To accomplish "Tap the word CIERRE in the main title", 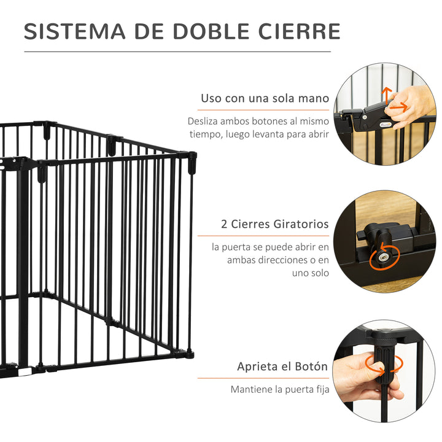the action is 299,31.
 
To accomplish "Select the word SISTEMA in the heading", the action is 75,31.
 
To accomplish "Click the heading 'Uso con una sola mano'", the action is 265,98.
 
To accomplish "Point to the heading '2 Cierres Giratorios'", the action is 275,224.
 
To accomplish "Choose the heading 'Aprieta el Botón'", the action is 283,366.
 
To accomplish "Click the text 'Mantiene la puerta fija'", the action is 280,389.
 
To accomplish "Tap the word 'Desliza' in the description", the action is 203,121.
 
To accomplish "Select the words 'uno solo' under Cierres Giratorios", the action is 311,273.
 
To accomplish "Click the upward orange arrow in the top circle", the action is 387,95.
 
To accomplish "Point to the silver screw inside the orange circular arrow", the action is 382,257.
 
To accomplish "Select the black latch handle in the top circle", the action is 370,118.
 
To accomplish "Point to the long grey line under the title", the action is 177,52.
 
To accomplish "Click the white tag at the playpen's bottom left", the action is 24,371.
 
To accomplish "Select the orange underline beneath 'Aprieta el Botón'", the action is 263,378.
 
